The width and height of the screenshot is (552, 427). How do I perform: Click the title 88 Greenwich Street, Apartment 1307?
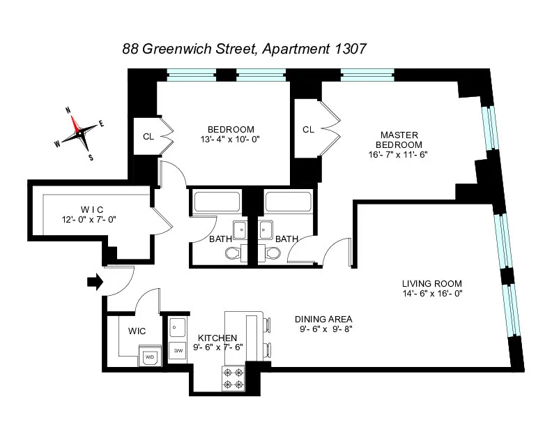[x=245, y=49]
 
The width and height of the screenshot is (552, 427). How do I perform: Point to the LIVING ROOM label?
[x=432, y=283]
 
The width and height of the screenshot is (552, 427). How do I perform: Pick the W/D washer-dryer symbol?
[x=150, y=357]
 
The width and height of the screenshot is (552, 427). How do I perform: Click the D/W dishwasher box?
[x=178, y=350]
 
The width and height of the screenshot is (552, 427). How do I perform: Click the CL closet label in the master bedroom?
[x=308, y=129]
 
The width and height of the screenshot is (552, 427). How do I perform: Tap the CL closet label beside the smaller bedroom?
[x=148, y=136]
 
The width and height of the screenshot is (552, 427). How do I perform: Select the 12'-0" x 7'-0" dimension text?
[x=89, y=220]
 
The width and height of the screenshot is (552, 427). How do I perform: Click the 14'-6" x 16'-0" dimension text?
[x=432, y=293]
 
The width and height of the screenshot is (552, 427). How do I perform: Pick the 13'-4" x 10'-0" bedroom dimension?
[x=231, y=138]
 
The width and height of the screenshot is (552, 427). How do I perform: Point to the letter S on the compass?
[x=91, y=157]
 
